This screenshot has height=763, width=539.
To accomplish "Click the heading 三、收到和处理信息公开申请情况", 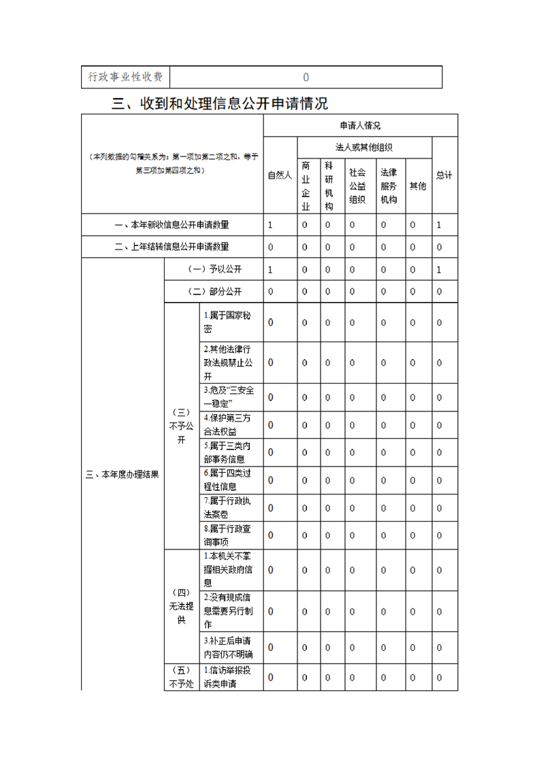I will [x=220, y=104].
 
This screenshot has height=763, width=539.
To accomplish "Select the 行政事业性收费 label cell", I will [x=125, y=77].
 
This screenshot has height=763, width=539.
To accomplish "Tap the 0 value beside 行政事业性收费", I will [x=306, y=77].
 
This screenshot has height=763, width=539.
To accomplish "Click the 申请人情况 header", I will [x=360, y=126].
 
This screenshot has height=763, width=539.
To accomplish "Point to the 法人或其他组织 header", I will [x=364, y=148].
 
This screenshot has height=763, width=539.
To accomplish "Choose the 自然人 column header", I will [x=280, y=175].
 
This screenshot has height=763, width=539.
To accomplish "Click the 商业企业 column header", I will [x=306, y=186].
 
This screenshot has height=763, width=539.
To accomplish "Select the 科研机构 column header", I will [x=328, y=186].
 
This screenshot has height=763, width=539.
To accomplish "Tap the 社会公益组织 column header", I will [x=357, y=186].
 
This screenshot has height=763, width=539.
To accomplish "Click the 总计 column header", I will [x=444, y=175].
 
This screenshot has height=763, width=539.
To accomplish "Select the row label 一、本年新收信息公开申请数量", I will [x=172, y=224].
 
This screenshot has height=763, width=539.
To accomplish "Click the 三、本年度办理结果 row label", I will [x=122, y=475].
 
